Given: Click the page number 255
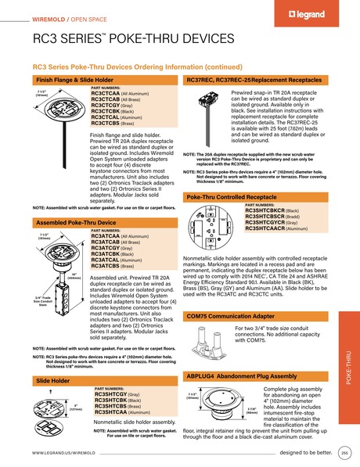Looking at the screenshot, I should [345, 453].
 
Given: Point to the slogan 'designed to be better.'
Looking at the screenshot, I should [307, 453].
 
